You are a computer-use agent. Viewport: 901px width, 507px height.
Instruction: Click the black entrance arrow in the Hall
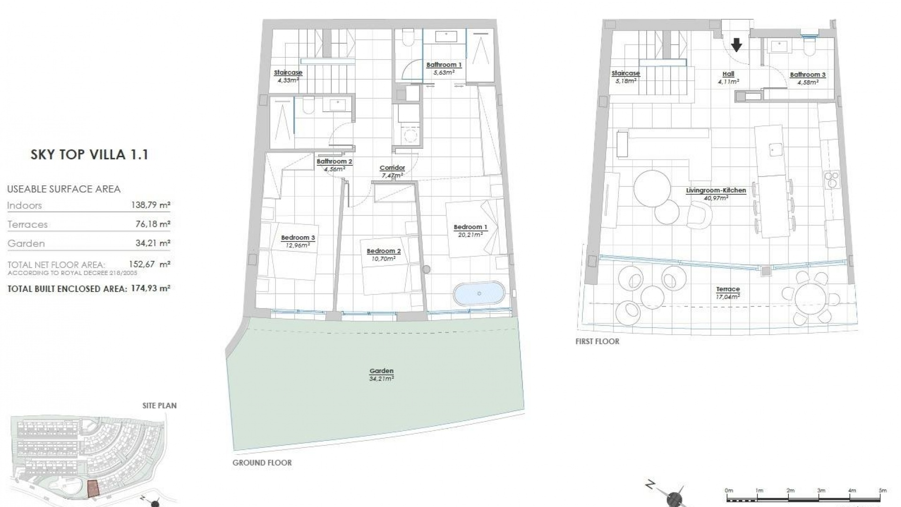pyautogui.click(x=736, y=45)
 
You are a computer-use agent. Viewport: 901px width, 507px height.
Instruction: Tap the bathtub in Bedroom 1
pyautogui.click(x=479, y=294)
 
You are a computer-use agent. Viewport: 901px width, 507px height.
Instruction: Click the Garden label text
pyautogui.click(x=381, y=371)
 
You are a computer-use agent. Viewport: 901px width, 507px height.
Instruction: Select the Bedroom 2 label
pyautogui.click(x=383, y=251)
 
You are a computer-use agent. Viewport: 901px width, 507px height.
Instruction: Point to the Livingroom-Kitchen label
pyautogui.click(x=716, y=191)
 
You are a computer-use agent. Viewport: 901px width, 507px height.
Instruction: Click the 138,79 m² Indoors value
pyautogui.click(x=150, y=205)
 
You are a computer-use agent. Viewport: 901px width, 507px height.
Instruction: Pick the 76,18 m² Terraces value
pyautogui.click(x=153, y=224)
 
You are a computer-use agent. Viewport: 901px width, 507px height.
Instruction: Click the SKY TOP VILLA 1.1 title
pyautogui.click(x=90, y=155)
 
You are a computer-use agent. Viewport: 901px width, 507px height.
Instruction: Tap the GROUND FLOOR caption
pyautogui.click(x=262, y=463)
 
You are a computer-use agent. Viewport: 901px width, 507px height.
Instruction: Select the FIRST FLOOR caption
pyautogui.click(x=597, y=342)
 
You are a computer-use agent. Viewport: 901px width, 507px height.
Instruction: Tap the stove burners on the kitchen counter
pyautogui.click(x=831, y=179)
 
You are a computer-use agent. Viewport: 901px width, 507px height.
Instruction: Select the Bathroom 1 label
pyautogui.click(x=443, y=65)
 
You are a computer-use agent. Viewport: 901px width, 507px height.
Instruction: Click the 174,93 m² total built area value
pyautogui.click(x=150, y=288)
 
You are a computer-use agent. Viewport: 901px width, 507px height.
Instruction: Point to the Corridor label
pyautogui.click(x=392, y=168)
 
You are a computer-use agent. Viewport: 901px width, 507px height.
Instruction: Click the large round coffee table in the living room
pyautogui.click(x=652, y=188)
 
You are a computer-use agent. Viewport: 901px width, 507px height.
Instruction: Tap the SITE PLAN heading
pyautogui.click(x=160, y=406)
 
